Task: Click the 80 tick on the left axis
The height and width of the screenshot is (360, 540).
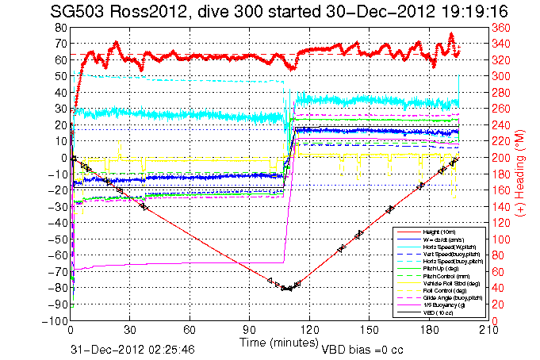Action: point(59,28)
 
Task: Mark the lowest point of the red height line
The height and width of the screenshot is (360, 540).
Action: point(289,289)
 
